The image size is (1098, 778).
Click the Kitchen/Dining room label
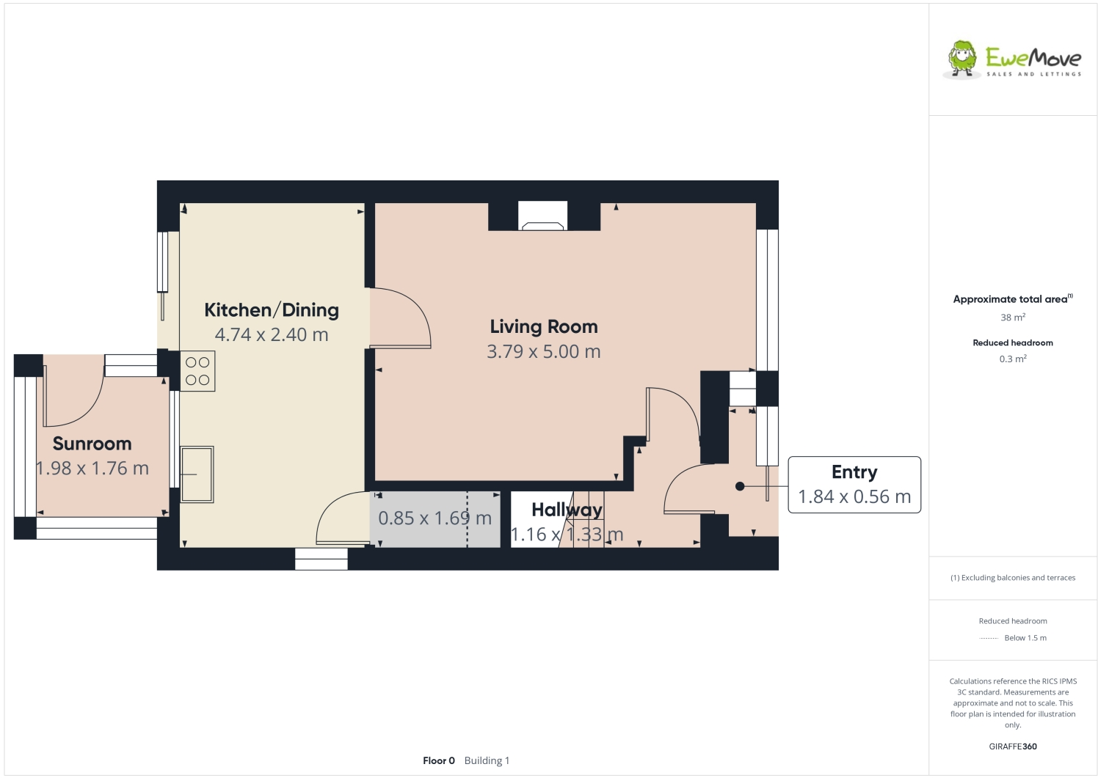pyautogui.click(x=271, y=310)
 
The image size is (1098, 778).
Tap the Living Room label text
pyautogui.click(x=543, y=327)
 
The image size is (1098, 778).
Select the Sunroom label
pyautogui.click(x=92, y=444)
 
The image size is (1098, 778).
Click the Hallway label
pyautogui.click(x=567, y=510)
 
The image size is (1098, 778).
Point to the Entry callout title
pyautogui.click(x=854, y=472)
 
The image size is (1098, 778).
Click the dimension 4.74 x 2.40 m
pyautogui.click(x=271, y=335)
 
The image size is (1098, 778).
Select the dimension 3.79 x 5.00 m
pyautogui.click(x=543, y=352)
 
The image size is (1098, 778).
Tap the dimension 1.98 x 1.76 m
pyautogui.click(x=92, y=469)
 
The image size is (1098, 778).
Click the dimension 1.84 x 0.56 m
pyautogui.click(x=854, y=497)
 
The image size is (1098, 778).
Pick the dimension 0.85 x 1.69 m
pyautogui.click(x=435, y=518)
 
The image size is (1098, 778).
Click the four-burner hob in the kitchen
pyautogui.click(x=197, y=371)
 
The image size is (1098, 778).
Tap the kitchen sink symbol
pyautogui.click(x=197, y=474)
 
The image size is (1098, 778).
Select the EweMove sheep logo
pyautogui.click(x=962, y=59)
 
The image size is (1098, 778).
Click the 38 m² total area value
pyautogui.click(x=1012, y=318)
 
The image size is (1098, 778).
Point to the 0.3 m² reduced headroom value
pyautogui.click(x=1012, y=359)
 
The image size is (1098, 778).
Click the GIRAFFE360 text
pyautogui.click(x=1012, y=746)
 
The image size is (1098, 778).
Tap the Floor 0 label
pyautogui.click(x=438, y=760)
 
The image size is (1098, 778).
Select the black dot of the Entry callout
pyautogui.click(x=740, y=486)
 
